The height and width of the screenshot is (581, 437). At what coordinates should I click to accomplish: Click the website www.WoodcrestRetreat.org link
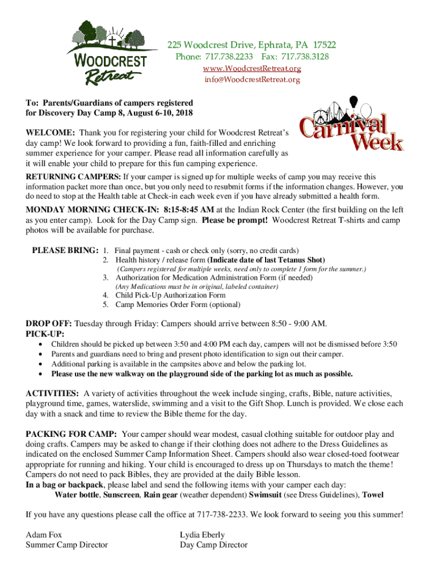[x=252, y=69]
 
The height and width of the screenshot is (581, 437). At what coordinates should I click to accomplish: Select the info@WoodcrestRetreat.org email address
[x=252, y=79]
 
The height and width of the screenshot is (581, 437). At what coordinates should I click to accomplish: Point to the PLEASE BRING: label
[x=65, y=250]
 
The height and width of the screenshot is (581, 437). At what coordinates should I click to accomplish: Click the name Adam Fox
[x=44, y=534]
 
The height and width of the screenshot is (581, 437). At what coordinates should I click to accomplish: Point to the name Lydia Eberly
[x=202, y=534]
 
